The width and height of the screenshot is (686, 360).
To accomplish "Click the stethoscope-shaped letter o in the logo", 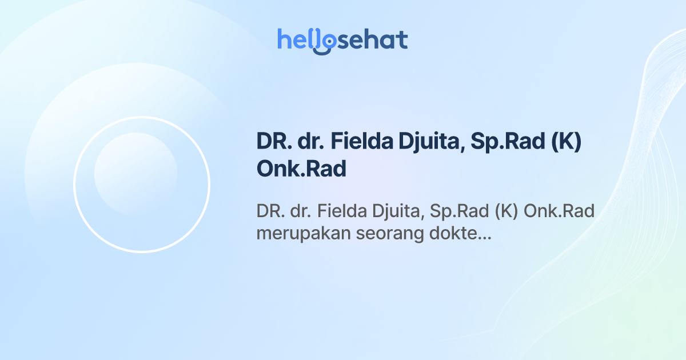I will [326, 41].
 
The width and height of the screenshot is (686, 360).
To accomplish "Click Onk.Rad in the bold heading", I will [301, 169].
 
